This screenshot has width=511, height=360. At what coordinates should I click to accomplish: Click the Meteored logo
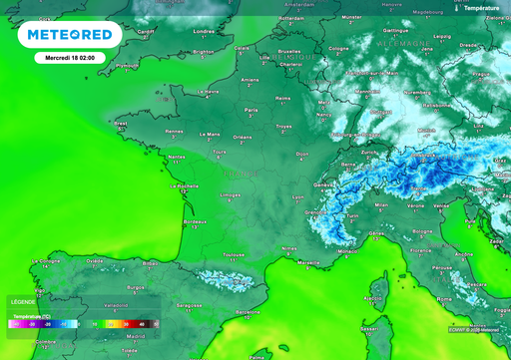click(x=70, y=36)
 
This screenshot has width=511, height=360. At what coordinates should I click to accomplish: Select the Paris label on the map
click(x=252, y=110)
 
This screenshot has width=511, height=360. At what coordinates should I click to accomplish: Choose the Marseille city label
click(x=309, y=262)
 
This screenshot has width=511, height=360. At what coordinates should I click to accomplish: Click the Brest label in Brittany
click(x=121, y=125)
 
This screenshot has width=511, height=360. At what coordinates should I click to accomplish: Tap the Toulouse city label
click(x=235, y=254)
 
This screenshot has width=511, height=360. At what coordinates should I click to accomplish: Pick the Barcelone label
click(x=248, y=311)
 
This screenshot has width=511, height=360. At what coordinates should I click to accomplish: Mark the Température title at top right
click(x=484, y=7)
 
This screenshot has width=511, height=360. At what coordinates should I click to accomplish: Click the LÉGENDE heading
click(x=22, y=300)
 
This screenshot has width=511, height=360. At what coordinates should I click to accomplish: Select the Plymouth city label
click(x=127, y=65)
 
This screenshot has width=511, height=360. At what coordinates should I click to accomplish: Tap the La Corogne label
click(x=48, y=260)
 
